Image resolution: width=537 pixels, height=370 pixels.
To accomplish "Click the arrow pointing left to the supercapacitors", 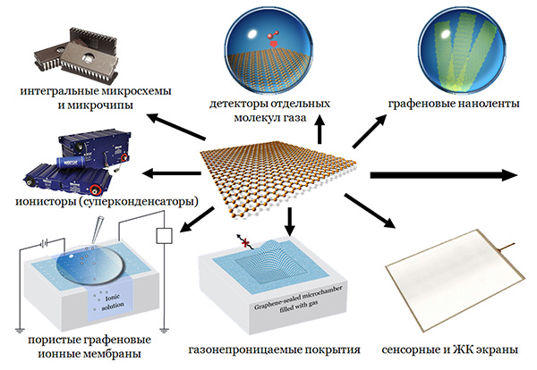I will [x=171, y=174].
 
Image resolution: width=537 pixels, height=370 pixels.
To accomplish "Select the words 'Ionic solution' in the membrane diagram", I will [x=101, y=302].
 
